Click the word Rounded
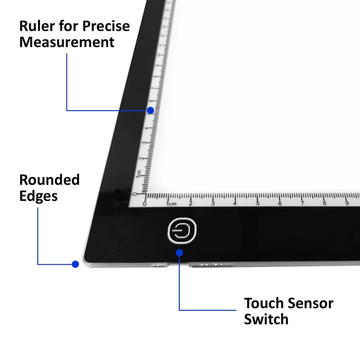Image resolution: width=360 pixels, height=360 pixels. [49, 179]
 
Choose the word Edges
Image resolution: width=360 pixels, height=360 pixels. [38, 198]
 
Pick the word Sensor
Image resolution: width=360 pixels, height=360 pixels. [318, 301]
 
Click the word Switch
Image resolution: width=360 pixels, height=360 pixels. [267, 320]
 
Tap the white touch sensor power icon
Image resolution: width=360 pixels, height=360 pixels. [182, 231]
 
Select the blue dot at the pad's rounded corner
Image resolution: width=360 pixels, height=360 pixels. [74, 264]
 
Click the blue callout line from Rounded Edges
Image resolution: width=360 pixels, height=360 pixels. [39, 240]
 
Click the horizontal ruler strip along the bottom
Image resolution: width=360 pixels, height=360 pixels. [250, 198]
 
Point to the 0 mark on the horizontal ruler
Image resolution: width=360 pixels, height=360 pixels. [145, 204]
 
